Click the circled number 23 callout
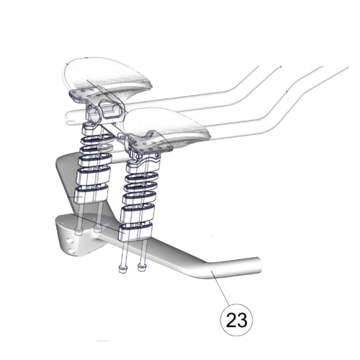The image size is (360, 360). [x=236, y=320]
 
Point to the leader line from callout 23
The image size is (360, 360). [x=220, y=288]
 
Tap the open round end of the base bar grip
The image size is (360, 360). [x=259, y=264]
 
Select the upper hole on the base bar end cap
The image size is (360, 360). [x=69, y=241]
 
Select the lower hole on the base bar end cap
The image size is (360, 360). [x=73, y=252]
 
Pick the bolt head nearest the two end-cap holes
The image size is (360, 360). [x=78, y=232]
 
